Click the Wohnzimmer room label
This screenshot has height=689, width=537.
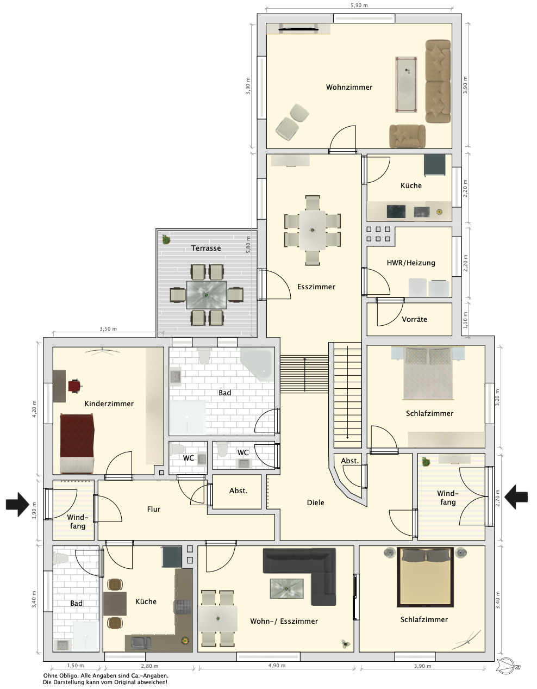(349, 87)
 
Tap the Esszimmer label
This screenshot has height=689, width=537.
(316, 287)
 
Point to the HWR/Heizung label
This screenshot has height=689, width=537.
(411, 263)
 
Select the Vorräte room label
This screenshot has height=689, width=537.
(414, 319)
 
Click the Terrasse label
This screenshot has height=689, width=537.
(206, 248)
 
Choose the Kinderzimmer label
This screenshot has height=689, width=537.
(109, 404)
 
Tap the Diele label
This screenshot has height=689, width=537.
(316, 502)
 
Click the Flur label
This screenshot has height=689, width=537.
(154, 509)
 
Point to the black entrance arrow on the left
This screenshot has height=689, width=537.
(17, 505)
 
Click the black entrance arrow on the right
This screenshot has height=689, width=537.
(516, 497)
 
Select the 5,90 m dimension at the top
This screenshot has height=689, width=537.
(359, 5)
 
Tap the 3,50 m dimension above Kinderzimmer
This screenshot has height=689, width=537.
(108, 329)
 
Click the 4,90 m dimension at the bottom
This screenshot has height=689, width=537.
(277, 666)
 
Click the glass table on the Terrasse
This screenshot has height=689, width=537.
(206, 295)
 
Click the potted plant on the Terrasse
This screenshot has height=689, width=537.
(166, 239)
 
